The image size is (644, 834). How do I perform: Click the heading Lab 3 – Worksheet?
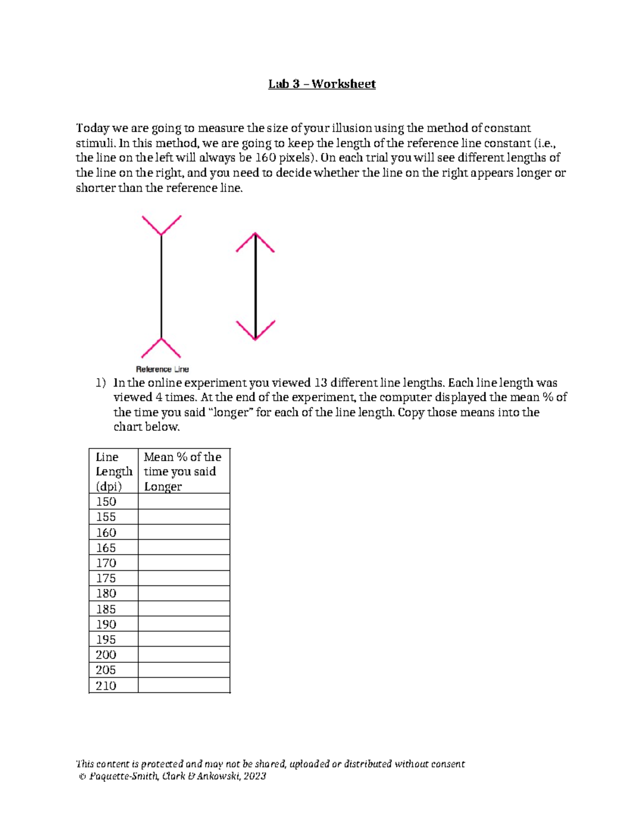pyautogui.click(x=321, y=84)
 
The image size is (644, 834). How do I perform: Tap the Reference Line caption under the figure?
pyautogui.click(x=162, y=369)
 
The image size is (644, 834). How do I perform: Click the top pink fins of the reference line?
pyautogui.click(x=161, y=225)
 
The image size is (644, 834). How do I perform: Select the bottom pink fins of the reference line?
pyautogui.click(x=161, y=348)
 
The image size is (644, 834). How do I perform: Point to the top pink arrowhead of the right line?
pyautogui.click(x=255, y=242)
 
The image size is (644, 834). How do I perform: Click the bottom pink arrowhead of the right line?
pyautogui.click(x=255, y=330)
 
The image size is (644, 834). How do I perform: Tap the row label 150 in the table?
pyautogui.click(x=106, y=502)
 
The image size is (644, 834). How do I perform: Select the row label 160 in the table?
pyautogui.click(x=106, y=532)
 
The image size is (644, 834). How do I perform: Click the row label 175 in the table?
pyautogui.click(x=106, y=578)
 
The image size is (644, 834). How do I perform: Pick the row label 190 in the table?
pyautogui.click(x=106, y=624)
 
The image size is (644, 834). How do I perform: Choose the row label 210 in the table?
pyautogui.click(x=106, y=685)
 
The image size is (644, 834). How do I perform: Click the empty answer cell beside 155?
pyautogui.click(x=184, y=517)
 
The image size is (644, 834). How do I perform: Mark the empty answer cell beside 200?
pyautogui.click(x=184, y=655)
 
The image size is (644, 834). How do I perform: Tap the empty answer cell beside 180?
pyautogui.click(x=184, y=593)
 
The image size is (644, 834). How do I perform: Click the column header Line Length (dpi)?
pyautogui.click(x=113, y=471)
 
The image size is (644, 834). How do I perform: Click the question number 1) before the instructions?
pyautogui.click(x=101, y=383)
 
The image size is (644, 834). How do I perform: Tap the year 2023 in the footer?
pyautogui.click(x=254, y=776)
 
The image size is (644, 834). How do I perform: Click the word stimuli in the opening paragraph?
pyautogui.click(x=94, y=143)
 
